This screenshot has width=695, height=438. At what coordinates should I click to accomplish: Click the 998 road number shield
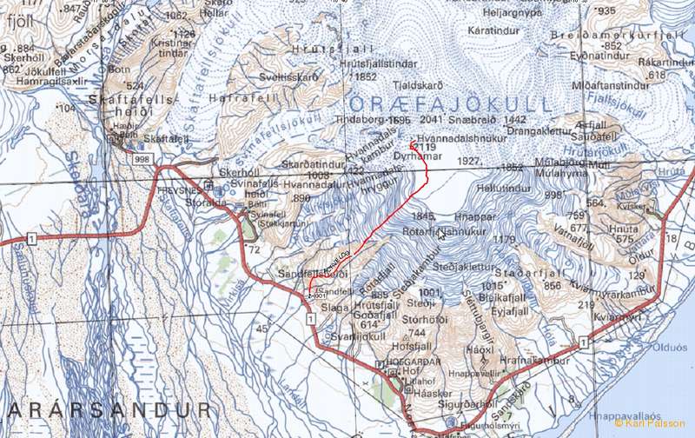click(x=142, y=158)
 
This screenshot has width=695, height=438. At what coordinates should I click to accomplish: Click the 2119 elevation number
click(x=425, y=149)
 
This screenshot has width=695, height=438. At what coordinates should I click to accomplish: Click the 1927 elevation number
click(x=469, y=161)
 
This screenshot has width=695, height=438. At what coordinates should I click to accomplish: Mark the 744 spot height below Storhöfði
click(x=418, y=333)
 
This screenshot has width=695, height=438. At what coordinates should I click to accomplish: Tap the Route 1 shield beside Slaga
click(x=309, y=320)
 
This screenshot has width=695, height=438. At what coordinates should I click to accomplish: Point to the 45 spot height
click(x=262, y=328)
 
